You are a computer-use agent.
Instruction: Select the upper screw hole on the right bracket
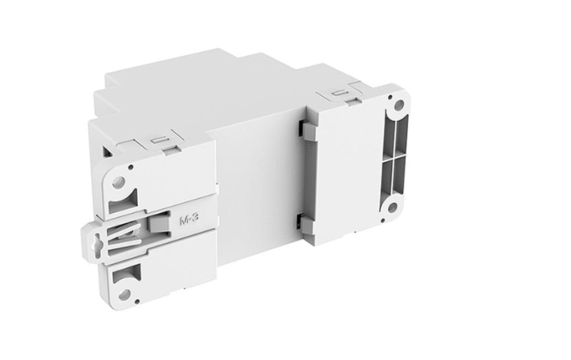click(x=398, y=104)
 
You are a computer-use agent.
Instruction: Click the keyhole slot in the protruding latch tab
click(x=100, y=241)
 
